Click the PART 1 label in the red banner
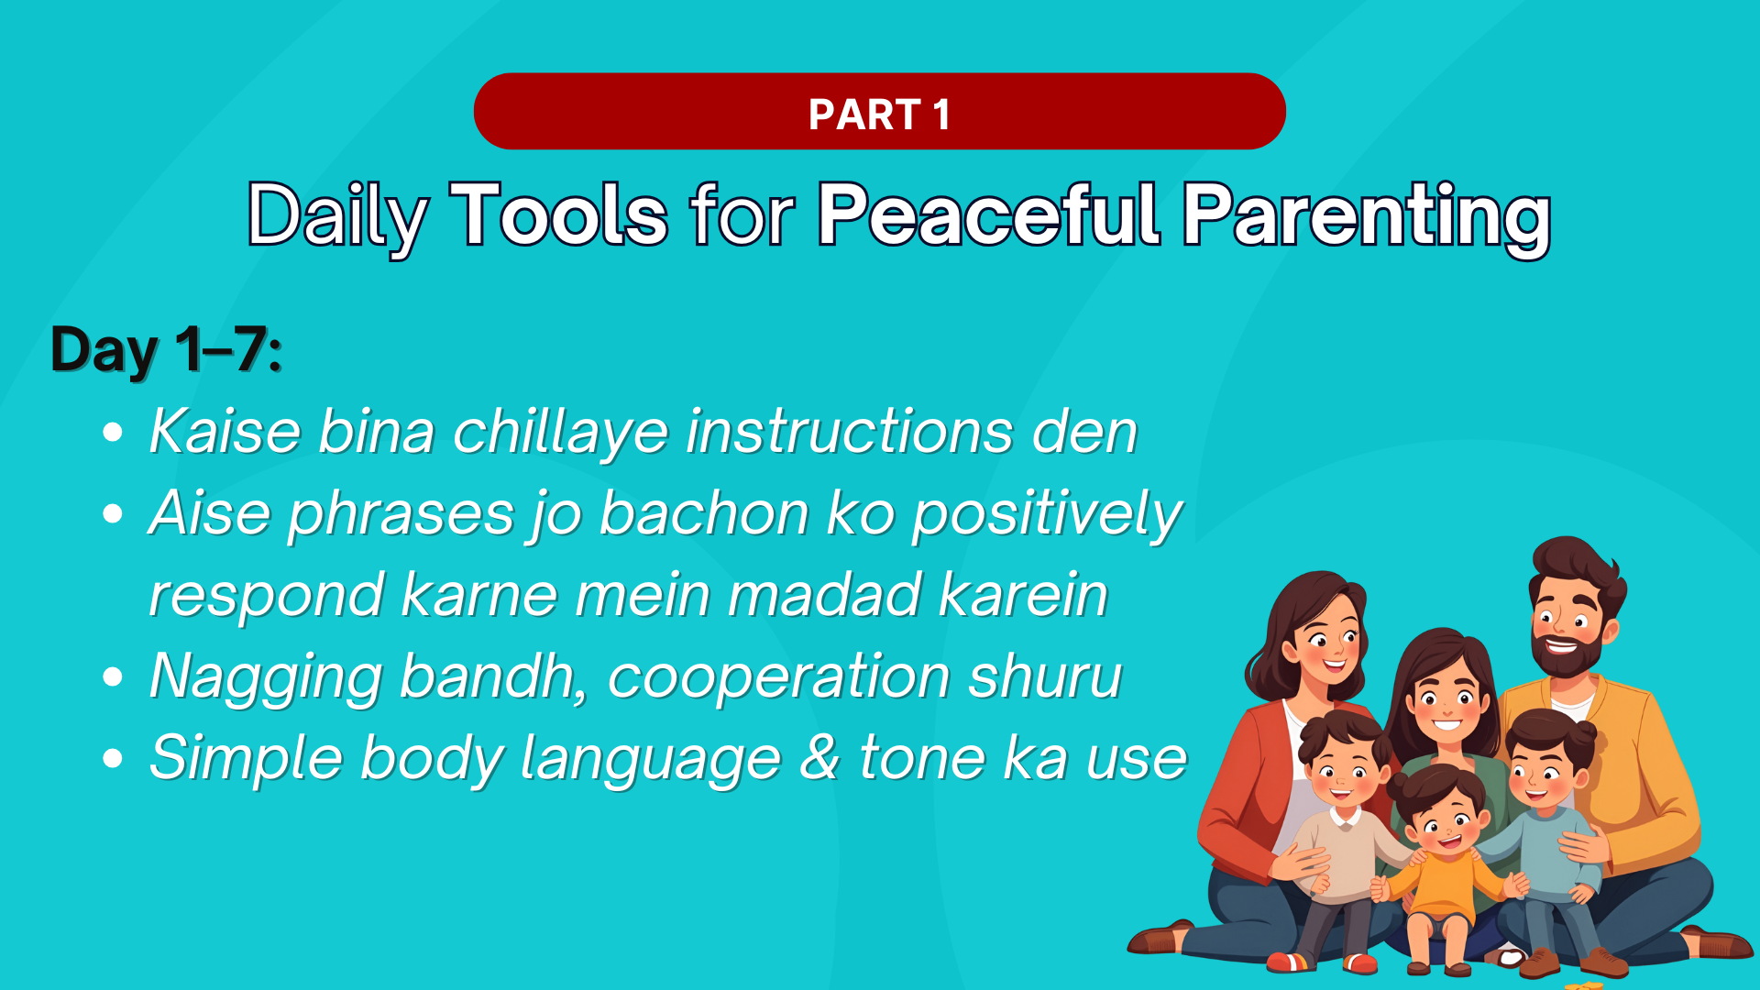click(879, 115)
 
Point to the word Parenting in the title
click(1366, 217)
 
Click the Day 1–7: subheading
click(166, 349)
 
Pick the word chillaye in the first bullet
click(560, 432)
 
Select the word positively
click(1047, 514)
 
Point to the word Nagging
click(265, 678)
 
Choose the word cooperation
click(779, 678)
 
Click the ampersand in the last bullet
click(819, 757)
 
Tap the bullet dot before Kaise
click(113, 433)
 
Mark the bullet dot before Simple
click(113, 759)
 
